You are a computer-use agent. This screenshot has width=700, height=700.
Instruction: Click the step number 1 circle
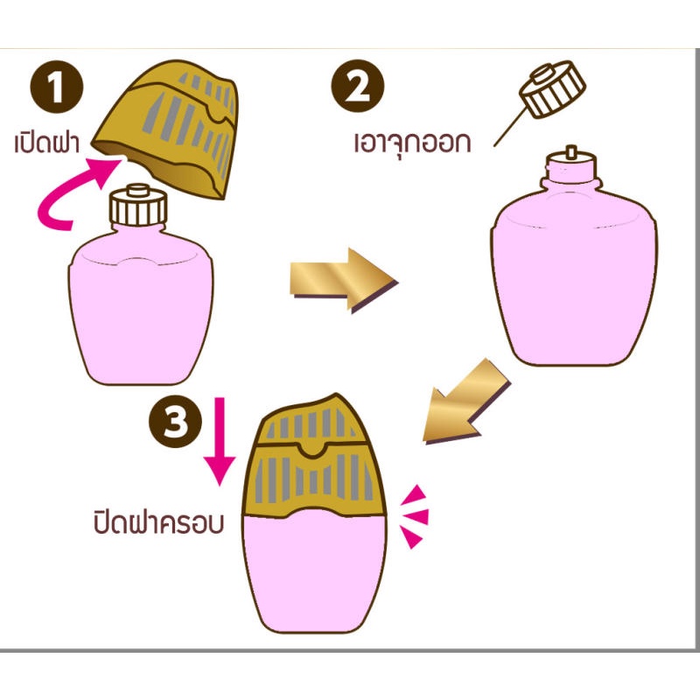coord(57,87)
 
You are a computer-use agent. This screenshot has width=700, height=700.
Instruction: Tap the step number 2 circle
coord(358,86)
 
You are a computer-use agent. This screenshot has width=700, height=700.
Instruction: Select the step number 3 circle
coord(176,421)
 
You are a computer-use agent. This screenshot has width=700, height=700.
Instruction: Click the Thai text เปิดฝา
coord(47,143)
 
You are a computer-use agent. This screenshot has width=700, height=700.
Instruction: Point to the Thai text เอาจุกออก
coord(412,143)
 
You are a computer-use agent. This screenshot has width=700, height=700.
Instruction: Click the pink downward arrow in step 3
coord(220,441)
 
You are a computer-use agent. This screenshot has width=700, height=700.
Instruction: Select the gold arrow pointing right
coord(344,280)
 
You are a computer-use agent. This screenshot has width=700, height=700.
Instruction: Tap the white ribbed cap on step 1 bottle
coord(138,206)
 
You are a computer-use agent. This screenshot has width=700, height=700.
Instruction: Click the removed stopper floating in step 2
coord(552,89)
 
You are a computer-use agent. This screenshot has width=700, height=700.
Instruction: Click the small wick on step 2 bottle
coord(570,151)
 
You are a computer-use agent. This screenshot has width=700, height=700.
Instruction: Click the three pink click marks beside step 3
coord(414,516)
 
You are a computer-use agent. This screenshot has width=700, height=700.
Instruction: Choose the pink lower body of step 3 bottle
coord(315,574)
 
